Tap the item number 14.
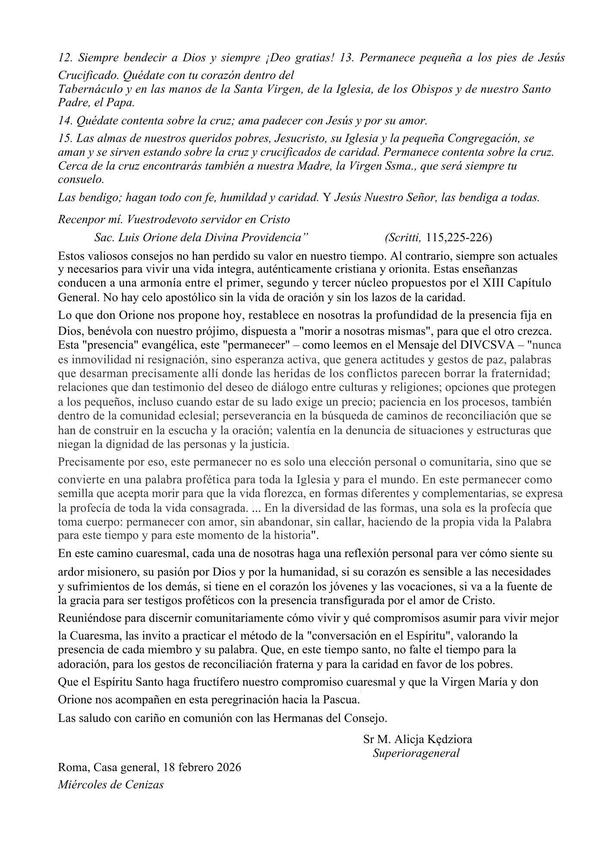[x=66, y=121]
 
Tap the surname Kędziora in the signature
[x=449, y=739]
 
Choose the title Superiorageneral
[x=416, y=753]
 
